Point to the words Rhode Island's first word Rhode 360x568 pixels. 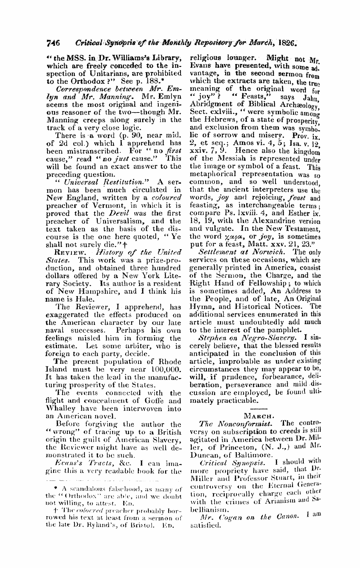click(x=171, y=362)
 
